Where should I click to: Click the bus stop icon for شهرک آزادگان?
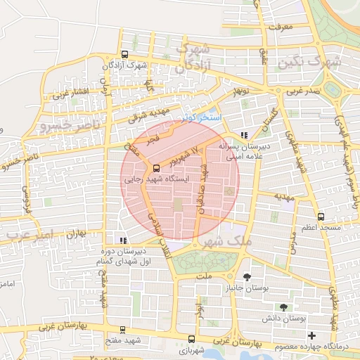pyautogui.click(x=124, y=55)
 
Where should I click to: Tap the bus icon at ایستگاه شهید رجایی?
pyautogui.click(x=155, y=168)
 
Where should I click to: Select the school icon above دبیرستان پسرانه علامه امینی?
pyautogui.click(x=244, y=134)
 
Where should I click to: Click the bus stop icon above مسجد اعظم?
pyautogui.click(x=321, y=217)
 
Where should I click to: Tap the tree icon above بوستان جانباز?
pyautogui.click(x=246, y=277)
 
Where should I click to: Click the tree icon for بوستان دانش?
pyautogui.click(x=283, y=307)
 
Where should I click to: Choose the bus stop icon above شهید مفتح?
pyautogui.click(x=123, y=329)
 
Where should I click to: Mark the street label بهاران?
pyautogui.click(x=76, y=236)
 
